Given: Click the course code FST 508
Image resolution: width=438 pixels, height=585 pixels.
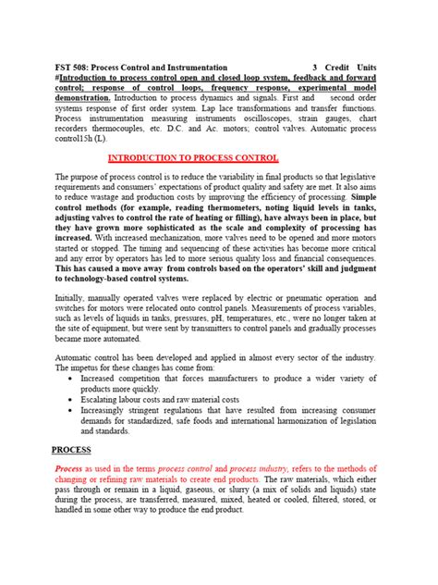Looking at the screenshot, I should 100,68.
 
